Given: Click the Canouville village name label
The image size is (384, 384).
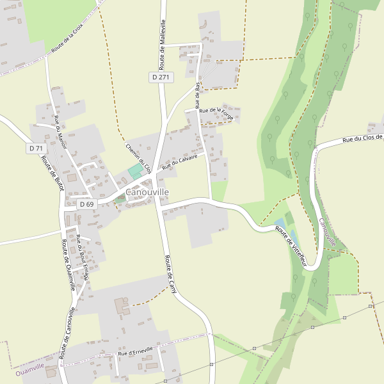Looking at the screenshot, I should coord(147,192).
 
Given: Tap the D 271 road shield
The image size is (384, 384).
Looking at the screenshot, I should coord(162,77).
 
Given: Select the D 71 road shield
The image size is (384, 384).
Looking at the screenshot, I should coord(36,148).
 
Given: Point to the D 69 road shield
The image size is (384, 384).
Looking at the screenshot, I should coord(86,205).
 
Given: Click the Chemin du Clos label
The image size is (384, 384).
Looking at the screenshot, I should coord(138,158).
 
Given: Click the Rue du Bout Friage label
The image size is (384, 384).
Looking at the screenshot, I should coord(82,259).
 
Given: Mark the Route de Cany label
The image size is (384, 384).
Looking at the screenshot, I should coord(171,275).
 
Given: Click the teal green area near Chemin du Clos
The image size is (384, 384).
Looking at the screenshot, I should coord(134,172).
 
